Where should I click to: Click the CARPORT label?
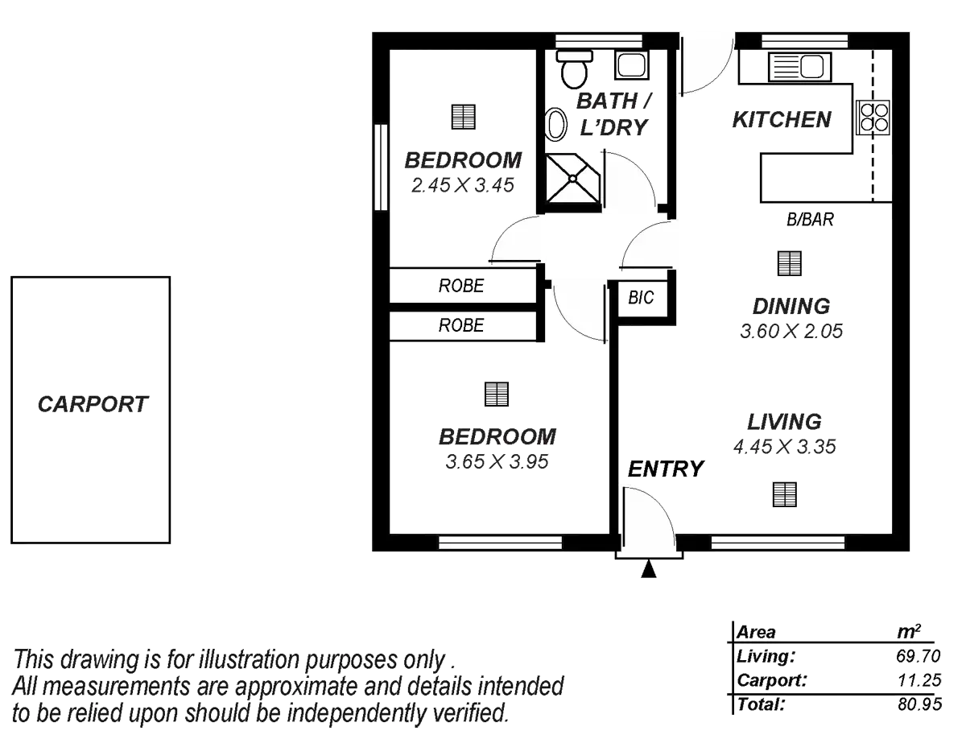pos(93,404)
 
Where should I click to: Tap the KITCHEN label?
pos(781,120)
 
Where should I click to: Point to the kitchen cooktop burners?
pos(873,118)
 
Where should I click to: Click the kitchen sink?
pos(797,65)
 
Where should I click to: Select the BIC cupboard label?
pos(642,299)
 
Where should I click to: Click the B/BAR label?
pos(810,219)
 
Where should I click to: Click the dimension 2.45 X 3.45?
pos(463,185)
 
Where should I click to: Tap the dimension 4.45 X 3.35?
pos(785,447)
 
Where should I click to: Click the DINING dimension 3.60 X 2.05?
pos(791,331)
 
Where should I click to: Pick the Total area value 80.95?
pos(918,704)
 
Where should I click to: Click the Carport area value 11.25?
pos(918,681)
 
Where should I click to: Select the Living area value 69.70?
pos(918,656)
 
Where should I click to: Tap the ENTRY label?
pos(666,468)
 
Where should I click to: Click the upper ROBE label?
pos(462,285)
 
